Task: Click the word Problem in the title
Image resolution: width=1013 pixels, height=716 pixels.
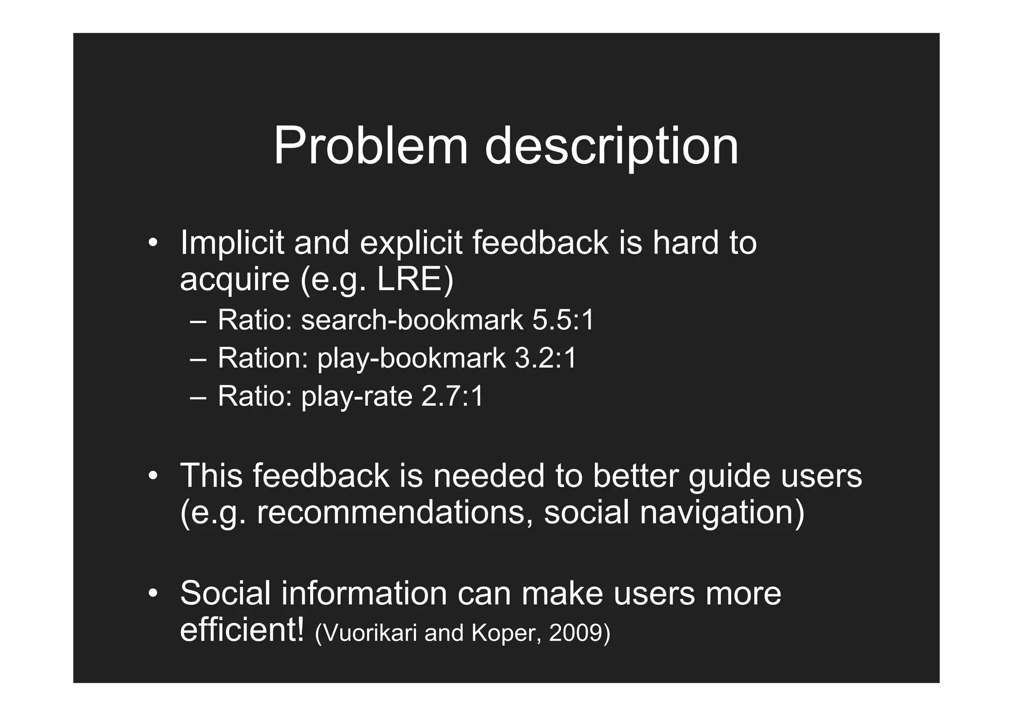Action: point(370,146)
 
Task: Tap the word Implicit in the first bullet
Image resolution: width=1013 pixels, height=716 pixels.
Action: point(232,243)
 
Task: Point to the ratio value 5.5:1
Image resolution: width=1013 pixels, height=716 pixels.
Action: point(563,320)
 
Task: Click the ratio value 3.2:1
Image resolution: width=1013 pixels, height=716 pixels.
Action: point(546,358)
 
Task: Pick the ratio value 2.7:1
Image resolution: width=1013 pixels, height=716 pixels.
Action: point(452,396)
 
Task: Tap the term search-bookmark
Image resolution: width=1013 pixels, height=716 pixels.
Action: point(412,320)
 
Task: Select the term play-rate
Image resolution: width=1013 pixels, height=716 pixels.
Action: point(357,397)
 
